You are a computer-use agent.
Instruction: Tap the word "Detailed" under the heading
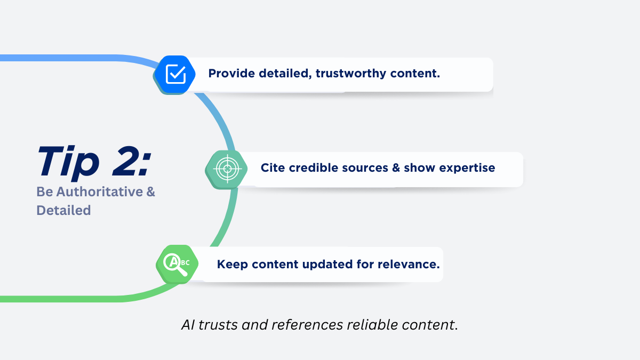63,210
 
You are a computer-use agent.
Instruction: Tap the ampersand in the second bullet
396,168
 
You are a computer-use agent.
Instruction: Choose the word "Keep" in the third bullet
233,264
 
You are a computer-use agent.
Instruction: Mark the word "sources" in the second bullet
366,168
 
